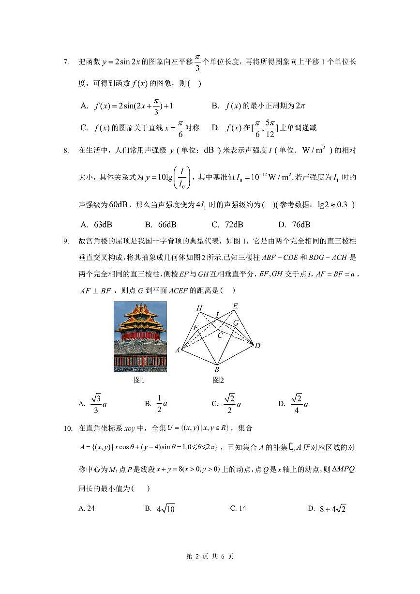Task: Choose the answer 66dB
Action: coord(161,224)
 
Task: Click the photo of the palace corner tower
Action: coord(140,336)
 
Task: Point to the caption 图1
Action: coord(139,380)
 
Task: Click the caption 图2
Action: coord(218,380)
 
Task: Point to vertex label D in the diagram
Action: coord(258,346)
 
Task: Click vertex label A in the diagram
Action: coord(178,350)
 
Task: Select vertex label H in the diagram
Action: coord(199,308)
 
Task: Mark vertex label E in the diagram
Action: coord(235,305)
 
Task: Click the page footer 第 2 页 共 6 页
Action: coord(210,556)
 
